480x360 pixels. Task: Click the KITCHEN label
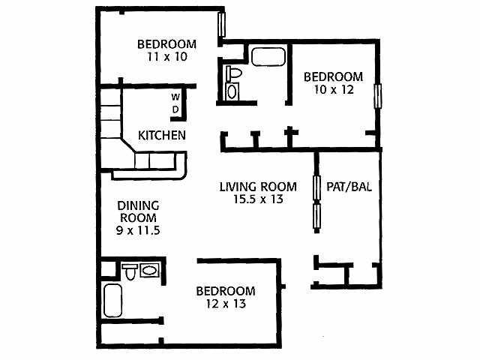(161, 136)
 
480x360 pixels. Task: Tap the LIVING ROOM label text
(257, 187)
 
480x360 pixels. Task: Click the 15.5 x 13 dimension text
(256, 200)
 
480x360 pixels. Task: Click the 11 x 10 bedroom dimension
(166, 56)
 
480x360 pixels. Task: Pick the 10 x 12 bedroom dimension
(332, 89)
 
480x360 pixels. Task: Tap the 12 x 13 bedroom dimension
(225, 304)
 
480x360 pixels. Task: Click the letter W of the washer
(175, 97)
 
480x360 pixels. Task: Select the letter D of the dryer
(175, 109)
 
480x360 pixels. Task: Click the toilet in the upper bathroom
(232, 75)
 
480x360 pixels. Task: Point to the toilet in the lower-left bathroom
(129, 271)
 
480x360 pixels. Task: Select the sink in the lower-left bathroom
(150, 270)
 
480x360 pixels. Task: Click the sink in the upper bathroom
(232, 92)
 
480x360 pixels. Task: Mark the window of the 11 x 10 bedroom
(221, 24)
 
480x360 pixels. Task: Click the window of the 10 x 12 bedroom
(379, 97)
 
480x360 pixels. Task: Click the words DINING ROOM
(139, 211)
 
